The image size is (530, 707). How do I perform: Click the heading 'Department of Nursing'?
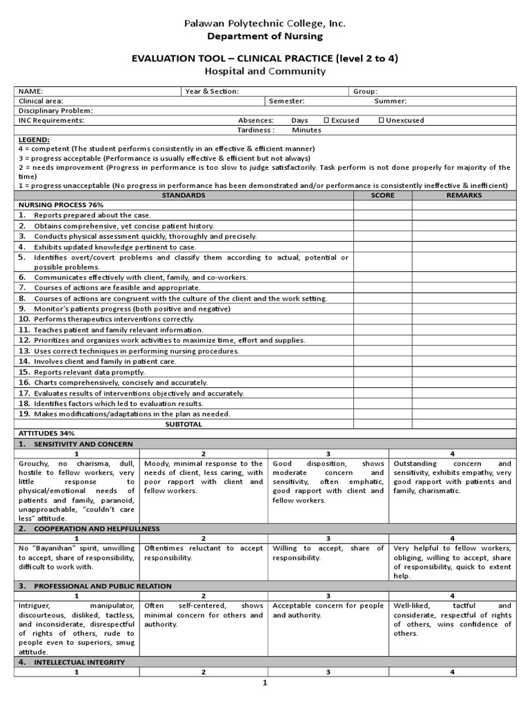[x=264, y=36]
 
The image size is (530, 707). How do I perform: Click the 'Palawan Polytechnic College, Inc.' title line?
[x=264, y=23]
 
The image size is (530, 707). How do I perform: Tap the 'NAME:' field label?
[x=30, y=91]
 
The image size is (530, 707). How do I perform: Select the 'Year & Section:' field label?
[x=212, y=91]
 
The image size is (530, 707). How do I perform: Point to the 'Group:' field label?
[x=364, y=91]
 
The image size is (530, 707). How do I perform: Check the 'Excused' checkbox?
[x=326, y=120]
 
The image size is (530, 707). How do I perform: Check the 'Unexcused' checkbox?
[x=382, y=120]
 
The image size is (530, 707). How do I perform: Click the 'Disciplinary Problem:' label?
[x=55, y=110]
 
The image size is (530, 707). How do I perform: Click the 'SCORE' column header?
[x=382, y=195]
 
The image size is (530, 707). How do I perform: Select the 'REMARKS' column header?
[x=464, y=195]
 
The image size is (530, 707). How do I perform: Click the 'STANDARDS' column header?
[x=183, y=195]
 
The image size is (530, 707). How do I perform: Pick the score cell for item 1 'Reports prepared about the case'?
[x=382, y=215]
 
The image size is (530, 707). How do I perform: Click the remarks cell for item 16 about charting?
[x=464, y=382]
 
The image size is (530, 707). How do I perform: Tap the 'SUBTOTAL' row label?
[x=183, y=424]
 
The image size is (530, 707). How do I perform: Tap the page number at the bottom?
[x=264, y=683]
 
